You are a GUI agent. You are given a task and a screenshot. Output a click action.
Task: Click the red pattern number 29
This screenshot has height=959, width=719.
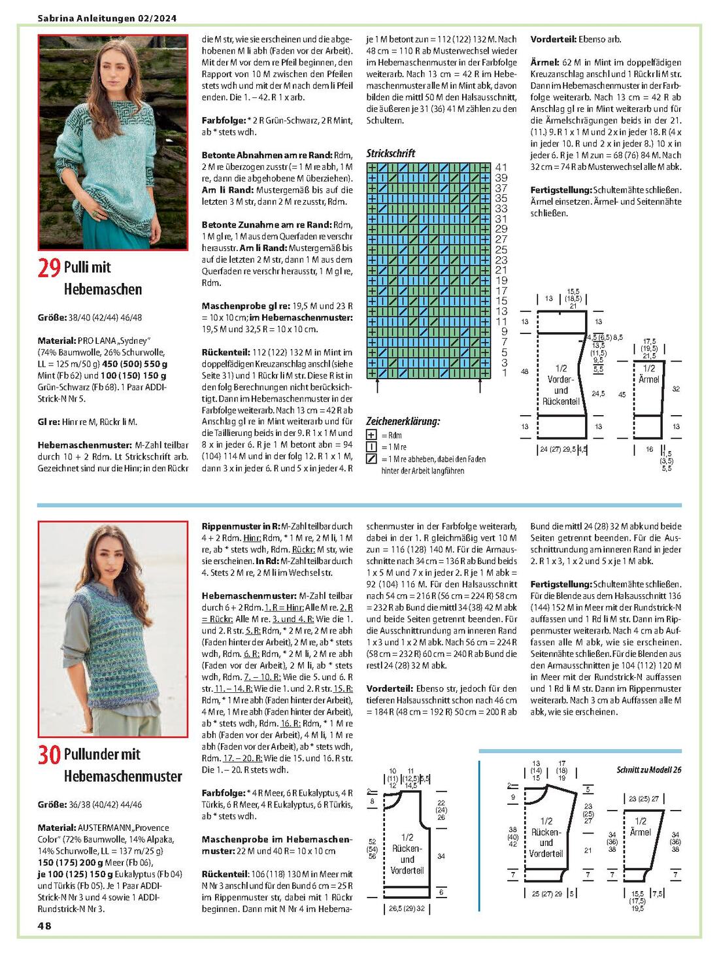[x=49, y=267]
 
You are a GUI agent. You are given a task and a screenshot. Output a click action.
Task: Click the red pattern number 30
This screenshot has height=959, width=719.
[x=49, y=754]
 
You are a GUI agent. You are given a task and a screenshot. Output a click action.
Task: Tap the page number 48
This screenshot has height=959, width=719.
[x=44, y=926]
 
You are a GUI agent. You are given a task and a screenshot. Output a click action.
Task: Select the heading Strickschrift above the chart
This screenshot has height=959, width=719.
[x=390, y=153]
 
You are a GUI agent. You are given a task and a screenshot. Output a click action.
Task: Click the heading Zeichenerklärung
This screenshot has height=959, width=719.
[x=403, y=421]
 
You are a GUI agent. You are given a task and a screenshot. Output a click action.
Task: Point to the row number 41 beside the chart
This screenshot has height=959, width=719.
[x=501, y=167]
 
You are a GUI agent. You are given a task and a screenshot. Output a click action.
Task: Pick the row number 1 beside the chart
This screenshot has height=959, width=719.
[x=505, y=373]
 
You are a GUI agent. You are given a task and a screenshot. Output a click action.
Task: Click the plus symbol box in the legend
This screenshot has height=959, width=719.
[x=371, y=435]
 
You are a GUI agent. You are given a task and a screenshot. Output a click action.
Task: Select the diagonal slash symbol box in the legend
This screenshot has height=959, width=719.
[x=371, y=459]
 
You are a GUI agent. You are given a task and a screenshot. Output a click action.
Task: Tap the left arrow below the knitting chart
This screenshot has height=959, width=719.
[x=378, y=386]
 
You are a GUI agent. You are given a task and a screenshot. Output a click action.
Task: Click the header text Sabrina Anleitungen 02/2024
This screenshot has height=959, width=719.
[x=107, y=18]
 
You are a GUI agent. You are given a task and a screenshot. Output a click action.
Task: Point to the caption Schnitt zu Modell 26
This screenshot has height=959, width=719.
[x=648, y=769]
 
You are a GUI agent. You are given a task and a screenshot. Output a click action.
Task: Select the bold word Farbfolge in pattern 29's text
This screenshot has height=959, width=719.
[x=221, y=120]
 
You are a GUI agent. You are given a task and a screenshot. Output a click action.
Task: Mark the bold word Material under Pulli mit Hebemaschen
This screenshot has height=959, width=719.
[x=56, y=341]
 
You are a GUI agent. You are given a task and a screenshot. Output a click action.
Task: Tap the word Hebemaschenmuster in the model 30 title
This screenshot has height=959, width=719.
[x=123, y=777]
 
